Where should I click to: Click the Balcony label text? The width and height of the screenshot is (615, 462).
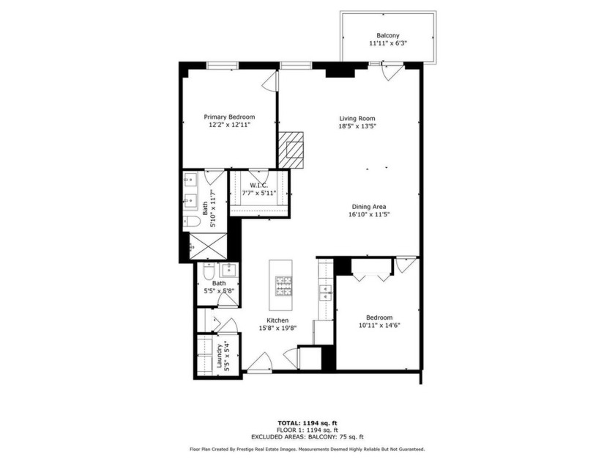[387, 35]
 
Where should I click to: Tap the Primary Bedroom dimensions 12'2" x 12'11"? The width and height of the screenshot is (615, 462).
[229, 125]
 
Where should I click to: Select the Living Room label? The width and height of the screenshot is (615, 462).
[357, 118]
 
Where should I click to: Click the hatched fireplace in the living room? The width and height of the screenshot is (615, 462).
[294, 150]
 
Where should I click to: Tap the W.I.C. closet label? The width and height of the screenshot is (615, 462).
[258, 184]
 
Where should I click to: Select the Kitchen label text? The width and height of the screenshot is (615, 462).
[277, 320]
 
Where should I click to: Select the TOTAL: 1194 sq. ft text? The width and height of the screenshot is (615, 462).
[306, 423]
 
